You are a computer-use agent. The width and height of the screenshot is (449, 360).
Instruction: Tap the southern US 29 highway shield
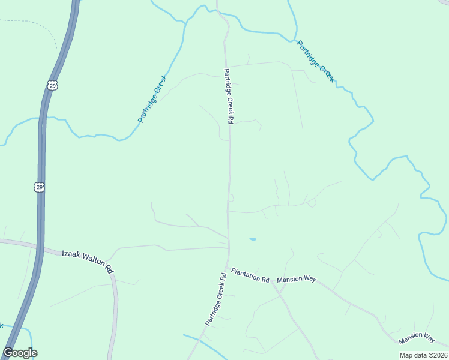tap(39, 187)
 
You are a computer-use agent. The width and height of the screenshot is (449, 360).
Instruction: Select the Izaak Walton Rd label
tap(88, 262)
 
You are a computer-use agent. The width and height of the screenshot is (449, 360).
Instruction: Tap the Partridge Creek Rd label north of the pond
tap(229, 96)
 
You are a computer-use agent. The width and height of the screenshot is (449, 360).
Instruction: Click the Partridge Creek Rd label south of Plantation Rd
tap(215, 299)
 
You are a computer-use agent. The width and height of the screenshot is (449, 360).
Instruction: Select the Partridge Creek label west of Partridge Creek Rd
tap(152, 98)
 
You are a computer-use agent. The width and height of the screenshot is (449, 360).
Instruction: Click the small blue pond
tap(253, 239)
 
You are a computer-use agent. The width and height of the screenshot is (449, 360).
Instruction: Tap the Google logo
tap(20, 353)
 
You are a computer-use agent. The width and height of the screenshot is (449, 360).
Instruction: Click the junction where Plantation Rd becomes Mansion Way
tap(273, 280)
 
